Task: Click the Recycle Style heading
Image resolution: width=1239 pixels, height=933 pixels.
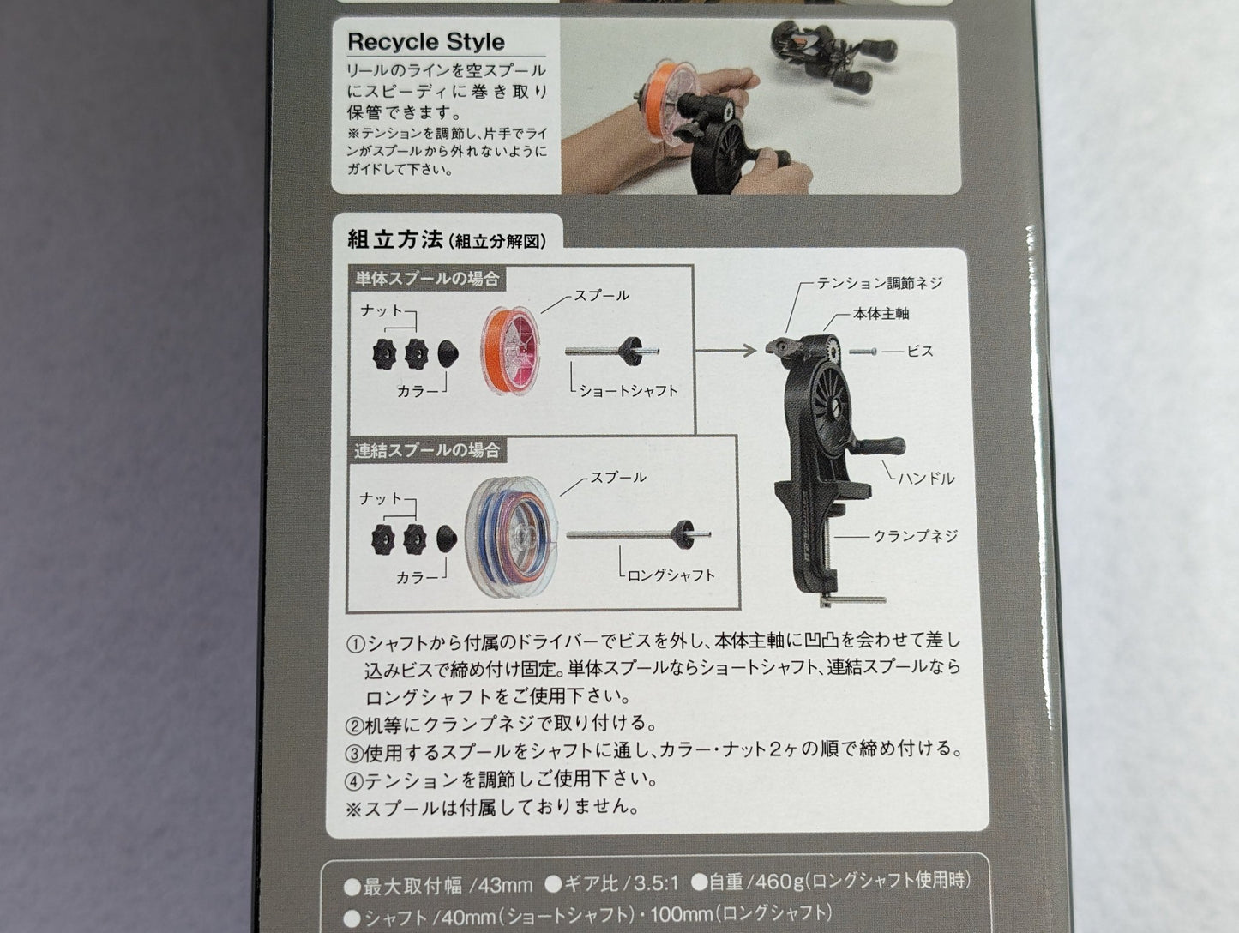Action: (426, 42)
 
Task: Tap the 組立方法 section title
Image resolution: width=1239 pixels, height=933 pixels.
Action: (394, 240)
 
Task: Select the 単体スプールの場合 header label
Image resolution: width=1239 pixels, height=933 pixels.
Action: (427, 279)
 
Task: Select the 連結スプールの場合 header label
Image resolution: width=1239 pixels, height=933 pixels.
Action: (427, 450)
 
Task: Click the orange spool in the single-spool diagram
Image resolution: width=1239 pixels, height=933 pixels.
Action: (510, 350)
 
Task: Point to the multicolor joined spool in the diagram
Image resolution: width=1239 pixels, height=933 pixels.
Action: (511, 537)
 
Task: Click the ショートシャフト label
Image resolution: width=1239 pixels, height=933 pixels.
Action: (629, 390)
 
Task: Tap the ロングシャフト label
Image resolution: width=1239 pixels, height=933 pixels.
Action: (671, 575)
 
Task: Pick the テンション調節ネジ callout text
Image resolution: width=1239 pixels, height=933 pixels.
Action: (880, 283)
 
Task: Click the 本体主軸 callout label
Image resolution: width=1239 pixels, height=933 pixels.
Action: (881, 314)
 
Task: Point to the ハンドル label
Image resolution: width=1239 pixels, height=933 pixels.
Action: (926, 479)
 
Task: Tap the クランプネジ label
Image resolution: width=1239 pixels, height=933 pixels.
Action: (916, 536)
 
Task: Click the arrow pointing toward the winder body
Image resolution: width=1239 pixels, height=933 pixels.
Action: (726, 351)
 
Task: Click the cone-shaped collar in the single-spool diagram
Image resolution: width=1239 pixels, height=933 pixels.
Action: (448, 354)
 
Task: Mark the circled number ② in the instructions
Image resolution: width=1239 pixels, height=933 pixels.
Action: (354, 725)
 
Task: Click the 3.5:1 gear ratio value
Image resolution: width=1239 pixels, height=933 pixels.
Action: (656, 883)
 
